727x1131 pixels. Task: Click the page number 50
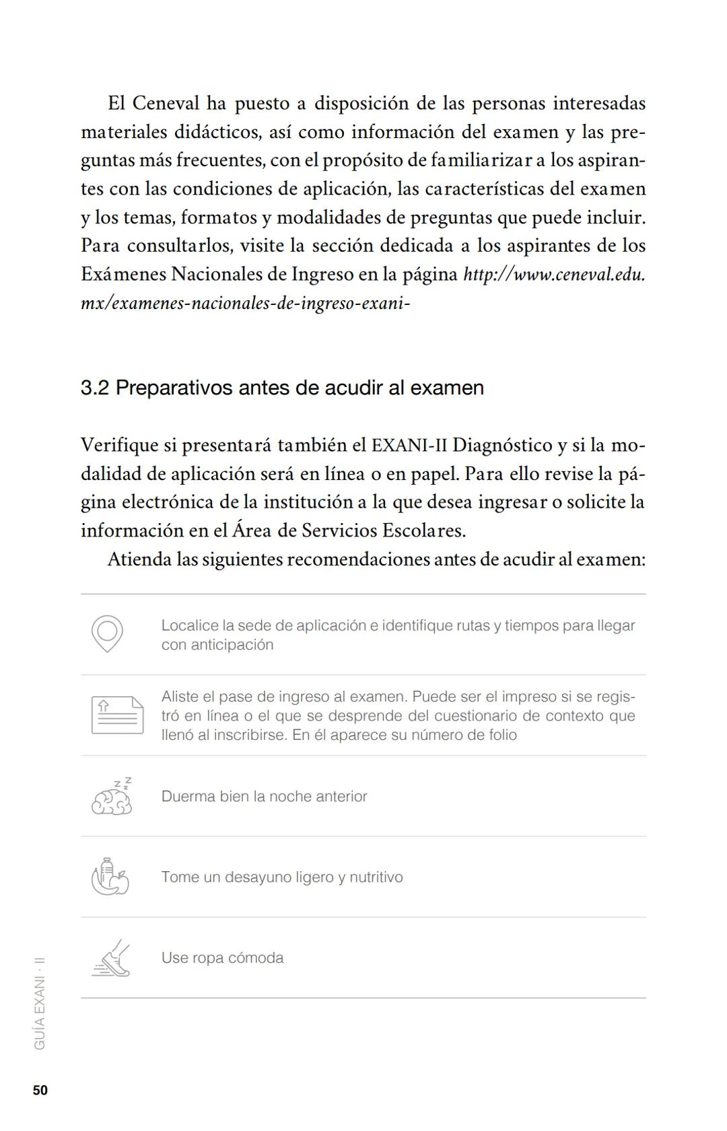tap(40, 1091)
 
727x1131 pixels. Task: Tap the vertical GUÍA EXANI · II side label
tap(40, 1002)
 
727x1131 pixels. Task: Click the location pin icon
tap(108, 633)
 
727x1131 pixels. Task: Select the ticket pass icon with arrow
tap(117, 714)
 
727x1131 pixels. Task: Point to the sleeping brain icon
tap(112, 797)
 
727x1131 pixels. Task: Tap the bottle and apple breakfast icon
tap(110, 877)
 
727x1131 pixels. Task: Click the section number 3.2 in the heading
tap(95, 388)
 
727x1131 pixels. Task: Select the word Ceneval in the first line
tap(166, 104)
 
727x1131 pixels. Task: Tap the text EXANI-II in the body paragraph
tap(409, 446)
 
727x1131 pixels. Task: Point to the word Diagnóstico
tap(502, 446)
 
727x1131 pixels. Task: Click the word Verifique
tap(118, 446)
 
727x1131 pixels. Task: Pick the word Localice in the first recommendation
tap(190, 625)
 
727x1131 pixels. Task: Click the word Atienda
tap(139, 559)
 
